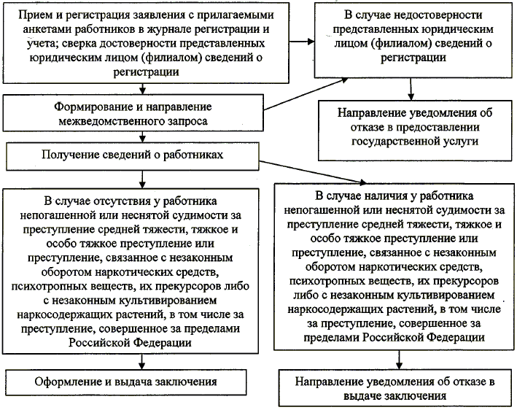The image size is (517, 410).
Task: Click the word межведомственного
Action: [109, 120]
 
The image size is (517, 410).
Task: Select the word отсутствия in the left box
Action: [133, 198]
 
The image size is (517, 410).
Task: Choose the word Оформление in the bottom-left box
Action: [65, 382]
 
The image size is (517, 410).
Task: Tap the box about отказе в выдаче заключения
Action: [397, 389]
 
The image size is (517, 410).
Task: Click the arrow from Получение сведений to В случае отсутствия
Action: [139, 177]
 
